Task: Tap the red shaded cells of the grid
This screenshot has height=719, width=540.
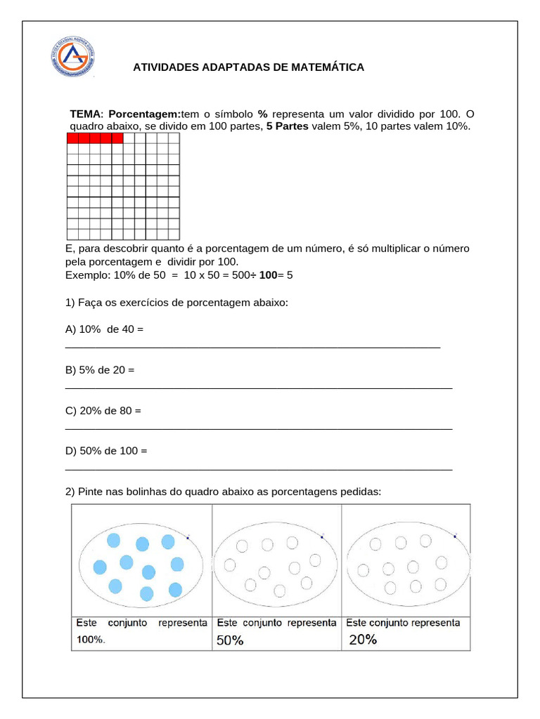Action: click(95, 138)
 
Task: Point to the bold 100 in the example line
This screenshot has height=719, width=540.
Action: click(268, 275)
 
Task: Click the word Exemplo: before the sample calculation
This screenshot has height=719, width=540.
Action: click(86, 275)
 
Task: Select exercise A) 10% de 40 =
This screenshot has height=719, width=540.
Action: click(104, 329)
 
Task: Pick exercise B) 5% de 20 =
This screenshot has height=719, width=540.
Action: click(100, 370)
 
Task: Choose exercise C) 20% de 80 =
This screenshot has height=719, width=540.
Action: click(103, 410)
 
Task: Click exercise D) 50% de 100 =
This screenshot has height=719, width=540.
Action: click(106, 451)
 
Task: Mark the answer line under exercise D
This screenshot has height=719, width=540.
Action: click(258, 469)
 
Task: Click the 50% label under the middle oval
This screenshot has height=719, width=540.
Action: click(230, 640)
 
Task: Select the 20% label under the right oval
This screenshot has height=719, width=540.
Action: click(363, 640)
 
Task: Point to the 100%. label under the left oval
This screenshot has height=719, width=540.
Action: click(91, 640)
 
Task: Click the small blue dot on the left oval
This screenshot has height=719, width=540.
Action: click(188, 537)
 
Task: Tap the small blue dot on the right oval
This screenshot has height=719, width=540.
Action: click(455, 536)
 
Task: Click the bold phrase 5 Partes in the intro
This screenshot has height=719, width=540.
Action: click(287, 126)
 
